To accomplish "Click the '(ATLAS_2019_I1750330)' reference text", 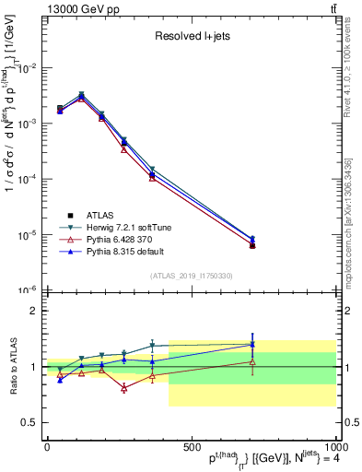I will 190,276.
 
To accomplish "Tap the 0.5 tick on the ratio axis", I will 30,422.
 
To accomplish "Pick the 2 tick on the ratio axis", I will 33,311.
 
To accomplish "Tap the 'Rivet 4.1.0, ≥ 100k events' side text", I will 352,83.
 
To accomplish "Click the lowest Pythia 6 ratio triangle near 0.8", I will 123,388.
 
